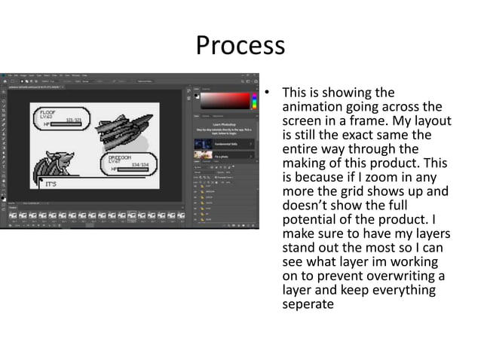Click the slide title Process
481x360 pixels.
[240, 46]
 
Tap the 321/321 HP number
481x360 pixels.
[73, 121]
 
